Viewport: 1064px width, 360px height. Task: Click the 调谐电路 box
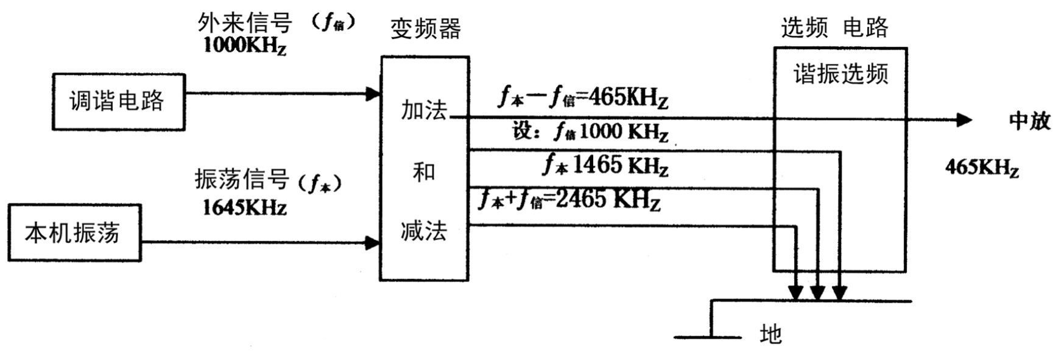tap(118, 102)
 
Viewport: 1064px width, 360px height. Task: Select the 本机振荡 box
tap(74, 233)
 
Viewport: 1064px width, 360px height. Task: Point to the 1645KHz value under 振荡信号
tap(244, 208)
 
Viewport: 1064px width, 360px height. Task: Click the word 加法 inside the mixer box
tap(423, 111)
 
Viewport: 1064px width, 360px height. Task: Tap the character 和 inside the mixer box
tap(423, 172)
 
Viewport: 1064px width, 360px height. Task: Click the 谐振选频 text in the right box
tap(840, 74)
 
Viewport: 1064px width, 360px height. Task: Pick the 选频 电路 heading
tap(834, 28)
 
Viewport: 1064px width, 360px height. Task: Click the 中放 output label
tap(1029, 121)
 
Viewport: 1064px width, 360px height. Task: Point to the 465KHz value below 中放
tap(981, 168)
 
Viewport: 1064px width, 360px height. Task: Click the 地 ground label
tap(770, 334)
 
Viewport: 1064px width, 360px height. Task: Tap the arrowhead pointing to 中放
tap(964, 120)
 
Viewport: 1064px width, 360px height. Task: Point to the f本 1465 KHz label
tap(605, 164)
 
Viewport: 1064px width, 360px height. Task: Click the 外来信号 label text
tap(245, 23)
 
